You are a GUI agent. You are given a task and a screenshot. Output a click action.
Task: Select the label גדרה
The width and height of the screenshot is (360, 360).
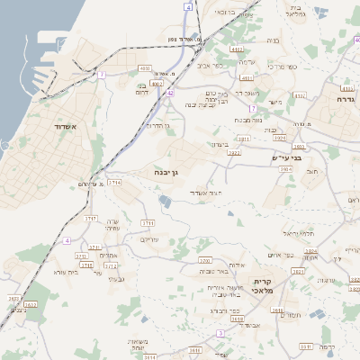pos(346,99)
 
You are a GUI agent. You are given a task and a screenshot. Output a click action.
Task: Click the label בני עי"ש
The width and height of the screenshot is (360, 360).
pos(285,158)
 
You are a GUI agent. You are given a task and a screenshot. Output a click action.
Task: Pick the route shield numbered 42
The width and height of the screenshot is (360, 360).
pos(169,92)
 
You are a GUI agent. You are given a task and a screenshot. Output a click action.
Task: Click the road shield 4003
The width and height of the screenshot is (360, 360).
pos(146,68)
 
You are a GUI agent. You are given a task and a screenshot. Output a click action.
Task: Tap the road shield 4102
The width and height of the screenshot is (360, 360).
pos(237,50)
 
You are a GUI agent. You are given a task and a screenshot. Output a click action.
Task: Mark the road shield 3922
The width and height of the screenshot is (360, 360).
pos(234,154)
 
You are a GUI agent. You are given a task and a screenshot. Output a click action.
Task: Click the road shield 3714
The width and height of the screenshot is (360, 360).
pos(114,182)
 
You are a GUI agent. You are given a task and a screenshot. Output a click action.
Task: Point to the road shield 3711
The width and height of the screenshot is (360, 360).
pos(148,221)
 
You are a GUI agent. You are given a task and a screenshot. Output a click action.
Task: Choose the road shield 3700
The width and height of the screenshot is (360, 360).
pos(204,260)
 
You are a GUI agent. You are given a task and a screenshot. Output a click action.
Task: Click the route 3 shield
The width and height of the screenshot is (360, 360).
pos(220,332)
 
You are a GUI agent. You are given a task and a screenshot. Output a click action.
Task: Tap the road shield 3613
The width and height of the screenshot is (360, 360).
pos(238,319)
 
